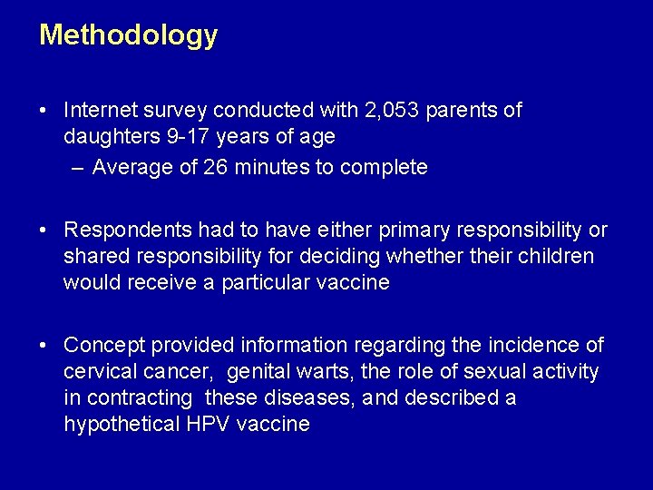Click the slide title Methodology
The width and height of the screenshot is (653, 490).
(128, 35)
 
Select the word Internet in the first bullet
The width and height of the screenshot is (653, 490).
(101, 111)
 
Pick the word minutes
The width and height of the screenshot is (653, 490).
(268, 167)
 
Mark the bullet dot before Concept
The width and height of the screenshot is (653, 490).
(44, 346)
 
